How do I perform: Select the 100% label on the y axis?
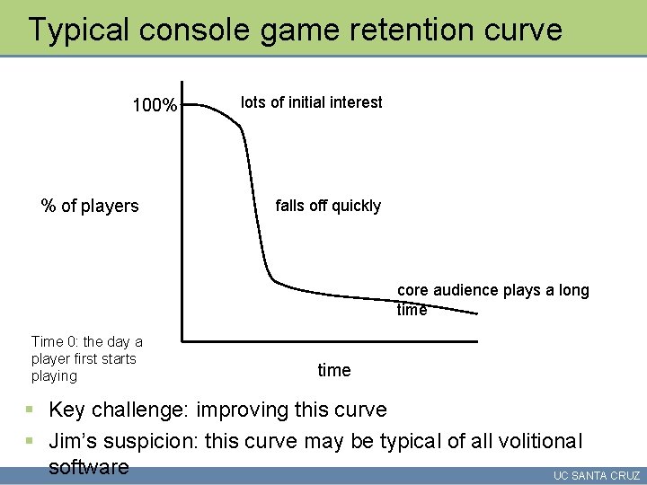(x=155, y=106)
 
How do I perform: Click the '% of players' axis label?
(x=90, y=206)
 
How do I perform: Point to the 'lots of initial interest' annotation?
(x=311, y=102)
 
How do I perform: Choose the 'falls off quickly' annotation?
(x=328, y=206)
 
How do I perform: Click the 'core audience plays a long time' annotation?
(x=492, y=300)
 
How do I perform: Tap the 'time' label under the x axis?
(x=334, y=370)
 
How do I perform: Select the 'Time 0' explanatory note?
(x=86, y=358)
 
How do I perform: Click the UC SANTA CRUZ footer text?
(x=597, y=475)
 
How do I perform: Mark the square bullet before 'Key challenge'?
(x=30, y=410)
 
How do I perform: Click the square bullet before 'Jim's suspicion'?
(x=30, y=441)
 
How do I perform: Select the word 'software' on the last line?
(x=88, y=467)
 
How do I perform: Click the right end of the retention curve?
(x=476, y=313)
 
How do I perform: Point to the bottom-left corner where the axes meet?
(x=182, y=340)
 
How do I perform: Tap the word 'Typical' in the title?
(x=78, y=30)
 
